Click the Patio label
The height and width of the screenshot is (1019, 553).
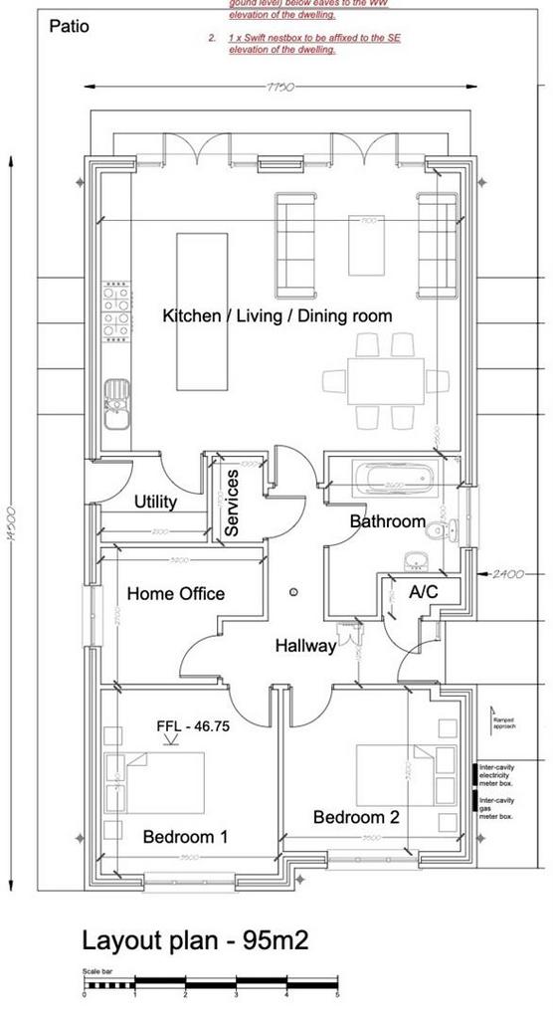coord(69,26)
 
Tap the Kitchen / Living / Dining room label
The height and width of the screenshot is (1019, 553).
coord(276,315)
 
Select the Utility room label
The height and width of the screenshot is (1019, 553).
coord(155,502)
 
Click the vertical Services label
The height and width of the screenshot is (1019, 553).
coord(232,504)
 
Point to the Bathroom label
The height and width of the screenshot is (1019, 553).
coord(387,521)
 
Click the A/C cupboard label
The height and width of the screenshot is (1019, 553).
coord(423,591)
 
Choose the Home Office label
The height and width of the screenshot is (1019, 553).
coord(175,594)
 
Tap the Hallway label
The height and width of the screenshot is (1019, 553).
coord(305,646)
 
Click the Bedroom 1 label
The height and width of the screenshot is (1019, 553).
coord(185,837)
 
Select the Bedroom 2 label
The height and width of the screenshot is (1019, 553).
coord(356,817)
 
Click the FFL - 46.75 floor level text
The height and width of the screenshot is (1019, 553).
coord(193,726)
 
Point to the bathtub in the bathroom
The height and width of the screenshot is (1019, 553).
coord(396,481)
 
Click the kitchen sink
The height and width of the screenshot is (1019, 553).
coord(116,397)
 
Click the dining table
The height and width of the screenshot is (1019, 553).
coord(386,380)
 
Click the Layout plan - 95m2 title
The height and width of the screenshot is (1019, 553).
coord(195,940)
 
